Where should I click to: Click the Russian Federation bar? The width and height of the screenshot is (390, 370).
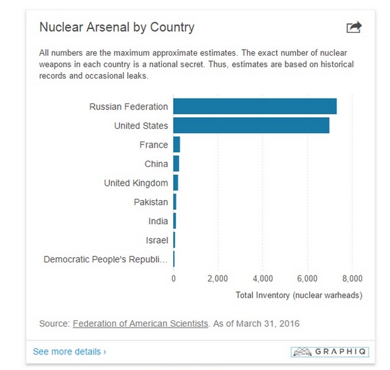[255, 107]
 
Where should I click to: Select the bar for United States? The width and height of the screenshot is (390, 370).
[251, 126]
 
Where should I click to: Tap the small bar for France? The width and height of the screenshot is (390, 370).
[177, 144]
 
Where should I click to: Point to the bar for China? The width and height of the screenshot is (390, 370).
[176, 163]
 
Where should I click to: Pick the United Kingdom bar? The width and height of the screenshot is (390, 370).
[175, 183]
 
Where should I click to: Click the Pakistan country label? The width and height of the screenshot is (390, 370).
[151, 202]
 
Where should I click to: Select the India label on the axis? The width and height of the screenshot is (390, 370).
[158, 221]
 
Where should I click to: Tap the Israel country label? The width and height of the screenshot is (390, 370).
[157, 240]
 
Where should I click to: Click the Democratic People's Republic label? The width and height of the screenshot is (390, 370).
[106, 259]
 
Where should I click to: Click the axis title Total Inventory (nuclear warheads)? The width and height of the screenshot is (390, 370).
[299, 294]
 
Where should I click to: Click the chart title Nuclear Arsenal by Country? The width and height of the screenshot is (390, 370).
[116, 27]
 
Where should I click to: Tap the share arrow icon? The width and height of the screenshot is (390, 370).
[353, 27]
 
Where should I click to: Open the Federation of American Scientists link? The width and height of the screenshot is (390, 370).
[140, 323]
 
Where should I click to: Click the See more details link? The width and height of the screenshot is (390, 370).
[69, 352]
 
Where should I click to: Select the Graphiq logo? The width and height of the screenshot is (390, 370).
[330, 352]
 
